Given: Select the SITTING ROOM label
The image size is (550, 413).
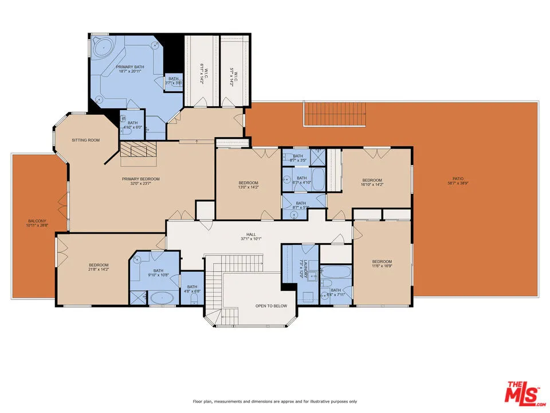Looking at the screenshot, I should point(85,140).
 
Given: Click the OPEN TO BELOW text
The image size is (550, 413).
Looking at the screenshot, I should point(271,306).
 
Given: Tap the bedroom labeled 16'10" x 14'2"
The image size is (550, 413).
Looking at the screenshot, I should point(371,182).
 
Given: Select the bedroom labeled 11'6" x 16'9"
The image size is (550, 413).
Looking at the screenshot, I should point(382,262).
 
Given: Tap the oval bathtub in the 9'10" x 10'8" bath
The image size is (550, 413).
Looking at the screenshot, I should point(163,298).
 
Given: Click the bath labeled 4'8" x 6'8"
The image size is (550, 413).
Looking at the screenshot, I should point(192,290).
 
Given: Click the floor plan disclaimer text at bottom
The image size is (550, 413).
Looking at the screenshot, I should point(275,401).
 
